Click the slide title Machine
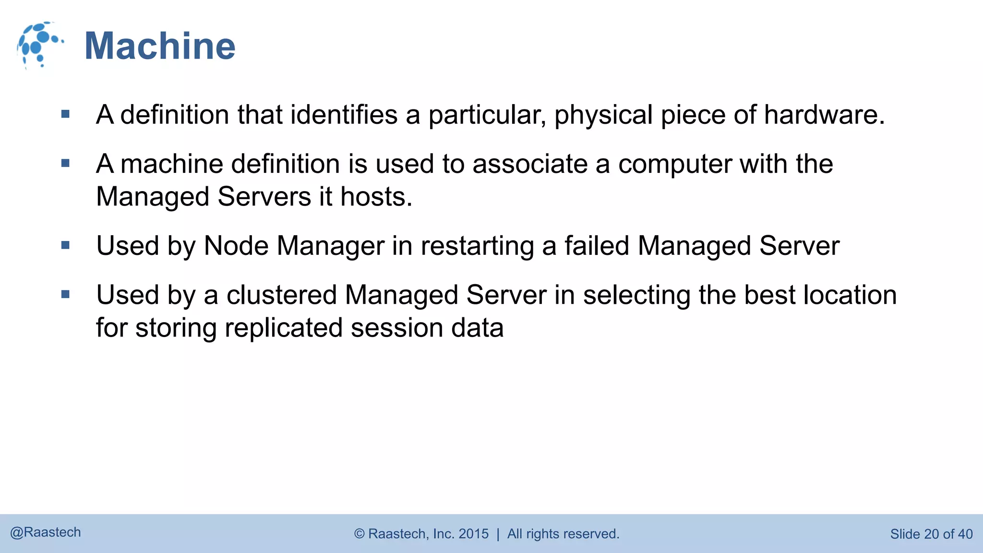160,46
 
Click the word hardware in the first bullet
824,115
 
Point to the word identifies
344,115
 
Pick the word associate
530,164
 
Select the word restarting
477,246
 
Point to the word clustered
281,295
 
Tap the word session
396,328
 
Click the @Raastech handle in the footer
46,532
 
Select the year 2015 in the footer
473,534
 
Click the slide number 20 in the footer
931,534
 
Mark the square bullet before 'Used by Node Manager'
66,246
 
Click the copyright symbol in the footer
359,534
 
